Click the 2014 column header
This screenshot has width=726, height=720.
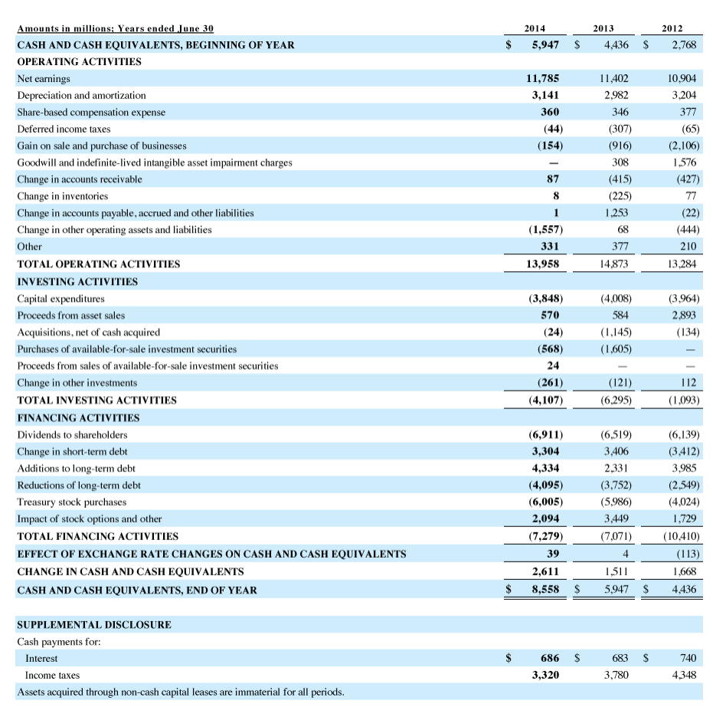tap(545, 28)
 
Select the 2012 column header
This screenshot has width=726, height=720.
tap(672, 28)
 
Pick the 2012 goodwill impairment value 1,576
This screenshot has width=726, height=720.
tap(684, 162)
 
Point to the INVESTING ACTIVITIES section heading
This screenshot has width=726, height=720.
tap(77, 281)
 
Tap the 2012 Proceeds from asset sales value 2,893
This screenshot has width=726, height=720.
tap(683, 315)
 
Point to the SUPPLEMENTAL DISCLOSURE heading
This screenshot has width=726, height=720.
tap(94, 624)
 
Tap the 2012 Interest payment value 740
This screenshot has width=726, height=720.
tap(687, 658)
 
